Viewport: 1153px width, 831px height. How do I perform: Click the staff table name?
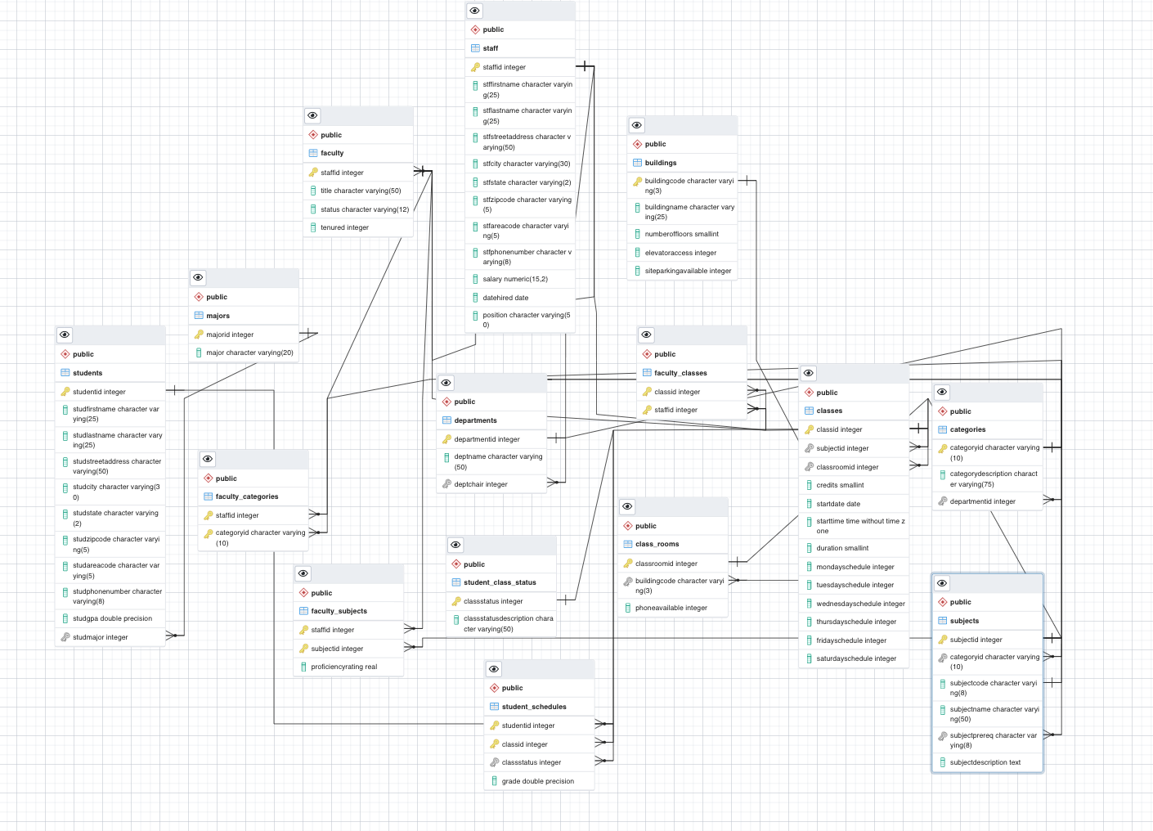[491, 48]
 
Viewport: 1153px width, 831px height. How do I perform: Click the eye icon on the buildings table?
[637, 125]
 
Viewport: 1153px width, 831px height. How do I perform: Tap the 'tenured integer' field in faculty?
[344, 227]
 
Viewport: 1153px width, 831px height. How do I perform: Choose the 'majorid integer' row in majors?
[230, 335]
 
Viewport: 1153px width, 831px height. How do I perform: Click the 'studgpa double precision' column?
[112, 618]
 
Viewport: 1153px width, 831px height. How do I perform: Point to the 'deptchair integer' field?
[481, 484]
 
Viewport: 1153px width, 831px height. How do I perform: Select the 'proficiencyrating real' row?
[343, 667]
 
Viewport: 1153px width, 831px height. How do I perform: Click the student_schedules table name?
[534, 707]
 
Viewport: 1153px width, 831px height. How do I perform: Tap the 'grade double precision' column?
[537, 781]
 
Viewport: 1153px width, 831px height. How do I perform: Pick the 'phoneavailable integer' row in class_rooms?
[671, 608]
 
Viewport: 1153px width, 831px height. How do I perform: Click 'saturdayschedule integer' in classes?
[856, 658]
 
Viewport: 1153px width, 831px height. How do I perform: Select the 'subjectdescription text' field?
[985, 762]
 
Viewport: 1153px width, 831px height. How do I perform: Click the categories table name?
[967, 429]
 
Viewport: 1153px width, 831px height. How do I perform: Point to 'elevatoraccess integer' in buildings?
[680, 253]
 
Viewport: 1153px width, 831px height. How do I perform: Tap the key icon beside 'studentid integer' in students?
[65, 392]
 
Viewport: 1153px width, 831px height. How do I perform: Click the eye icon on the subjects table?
[942, 583]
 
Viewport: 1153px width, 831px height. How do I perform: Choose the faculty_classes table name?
[680, 373]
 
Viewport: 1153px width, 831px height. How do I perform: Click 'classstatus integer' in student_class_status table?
[493, 601]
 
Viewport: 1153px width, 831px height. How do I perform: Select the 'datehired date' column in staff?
[505, 298]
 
